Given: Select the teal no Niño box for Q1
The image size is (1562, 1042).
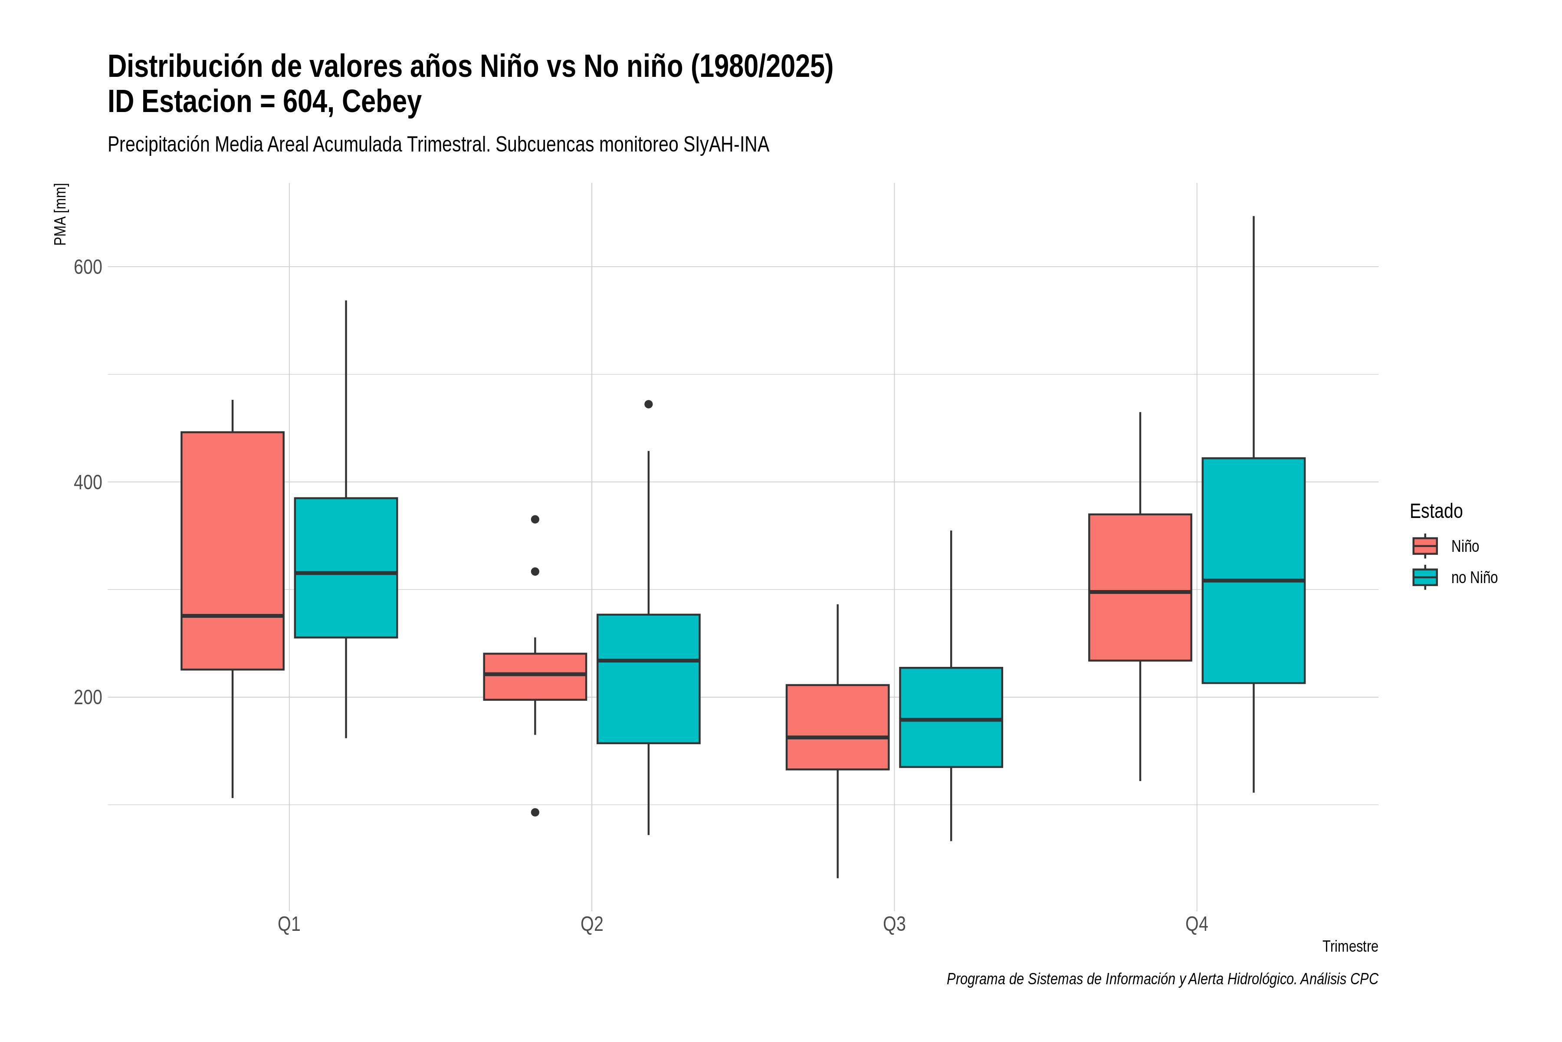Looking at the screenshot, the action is (x=346, y=567).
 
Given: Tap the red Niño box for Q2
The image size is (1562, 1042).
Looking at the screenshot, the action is (x=535, y=676).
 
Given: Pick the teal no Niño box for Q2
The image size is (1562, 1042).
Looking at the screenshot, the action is (x=648, y=679).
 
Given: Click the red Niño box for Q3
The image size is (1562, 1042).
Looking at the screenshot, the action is (x=837, y=727).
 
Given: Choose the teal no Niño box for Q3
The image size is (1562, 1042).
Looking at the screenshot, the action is (x=951, y=717).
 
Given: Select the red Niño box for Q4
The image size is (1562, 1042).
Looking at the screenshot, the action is (x=1140, y=587).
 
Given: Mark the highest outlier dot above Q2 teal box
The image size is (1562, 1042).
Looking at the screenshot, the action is (x=649, y=404).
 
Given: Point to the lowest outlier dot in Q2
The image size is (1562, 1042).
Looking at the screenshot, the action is (x=535, y=812).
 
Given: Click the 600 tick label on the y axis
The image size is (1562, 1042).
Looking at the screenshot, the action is (x=88, y=267).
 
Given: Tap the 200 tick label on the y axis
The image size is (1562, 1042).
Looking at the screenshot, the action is (x=88, y=698).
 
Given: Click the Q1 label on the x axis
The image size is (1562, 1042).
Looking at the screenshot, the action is (x=289, y=924).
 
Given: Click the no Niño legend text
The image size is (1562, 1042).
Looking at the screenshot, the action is (x=1474, y=577).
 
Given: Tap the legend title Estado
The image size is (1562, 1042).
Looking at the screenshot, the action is (x=1436, y=511).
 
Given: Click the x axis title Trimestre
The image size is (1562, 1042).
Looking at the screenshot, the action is (x=1350, y=946).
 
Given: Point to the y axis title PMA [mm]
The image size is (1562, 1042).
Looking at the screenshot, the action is (x=60, y=214).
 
